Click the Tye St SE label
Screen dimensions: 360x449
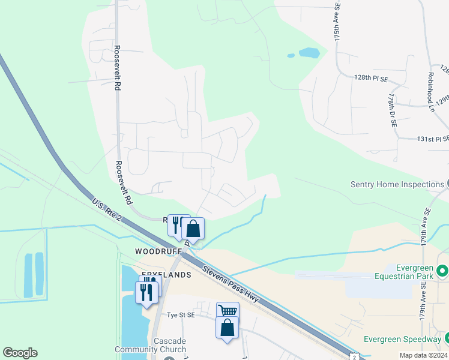181,314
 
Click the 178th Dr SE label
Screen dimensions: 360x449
392,110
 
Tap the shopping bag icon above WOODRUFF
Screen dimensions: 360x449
193,228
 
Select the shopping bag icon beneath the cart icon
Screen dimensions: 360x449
227,328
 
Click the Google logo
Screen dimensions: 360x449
20,353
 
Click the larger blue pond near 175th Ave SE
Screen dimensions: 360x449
309,53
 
